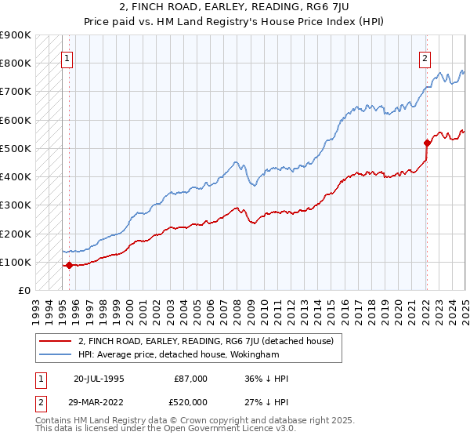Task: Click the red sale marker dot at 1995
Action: click(x=69, y=265)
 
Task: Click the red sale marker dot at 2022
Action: click(x=427, y=143)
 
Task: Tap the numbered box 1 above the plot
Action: click(x=67, y=57)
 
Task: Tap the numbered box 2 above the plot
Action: click(x=425, y=57)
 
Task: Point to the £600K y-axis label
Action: click(x=16, y=120)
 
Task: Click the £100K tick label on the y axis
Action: click(x=16, y=262)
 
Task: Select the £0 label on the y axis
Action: click(x=23, y=290)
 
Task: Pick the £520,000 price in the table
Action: click(x=190, y=401)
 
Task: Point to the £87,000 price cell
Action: click(x=190, y=379)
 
